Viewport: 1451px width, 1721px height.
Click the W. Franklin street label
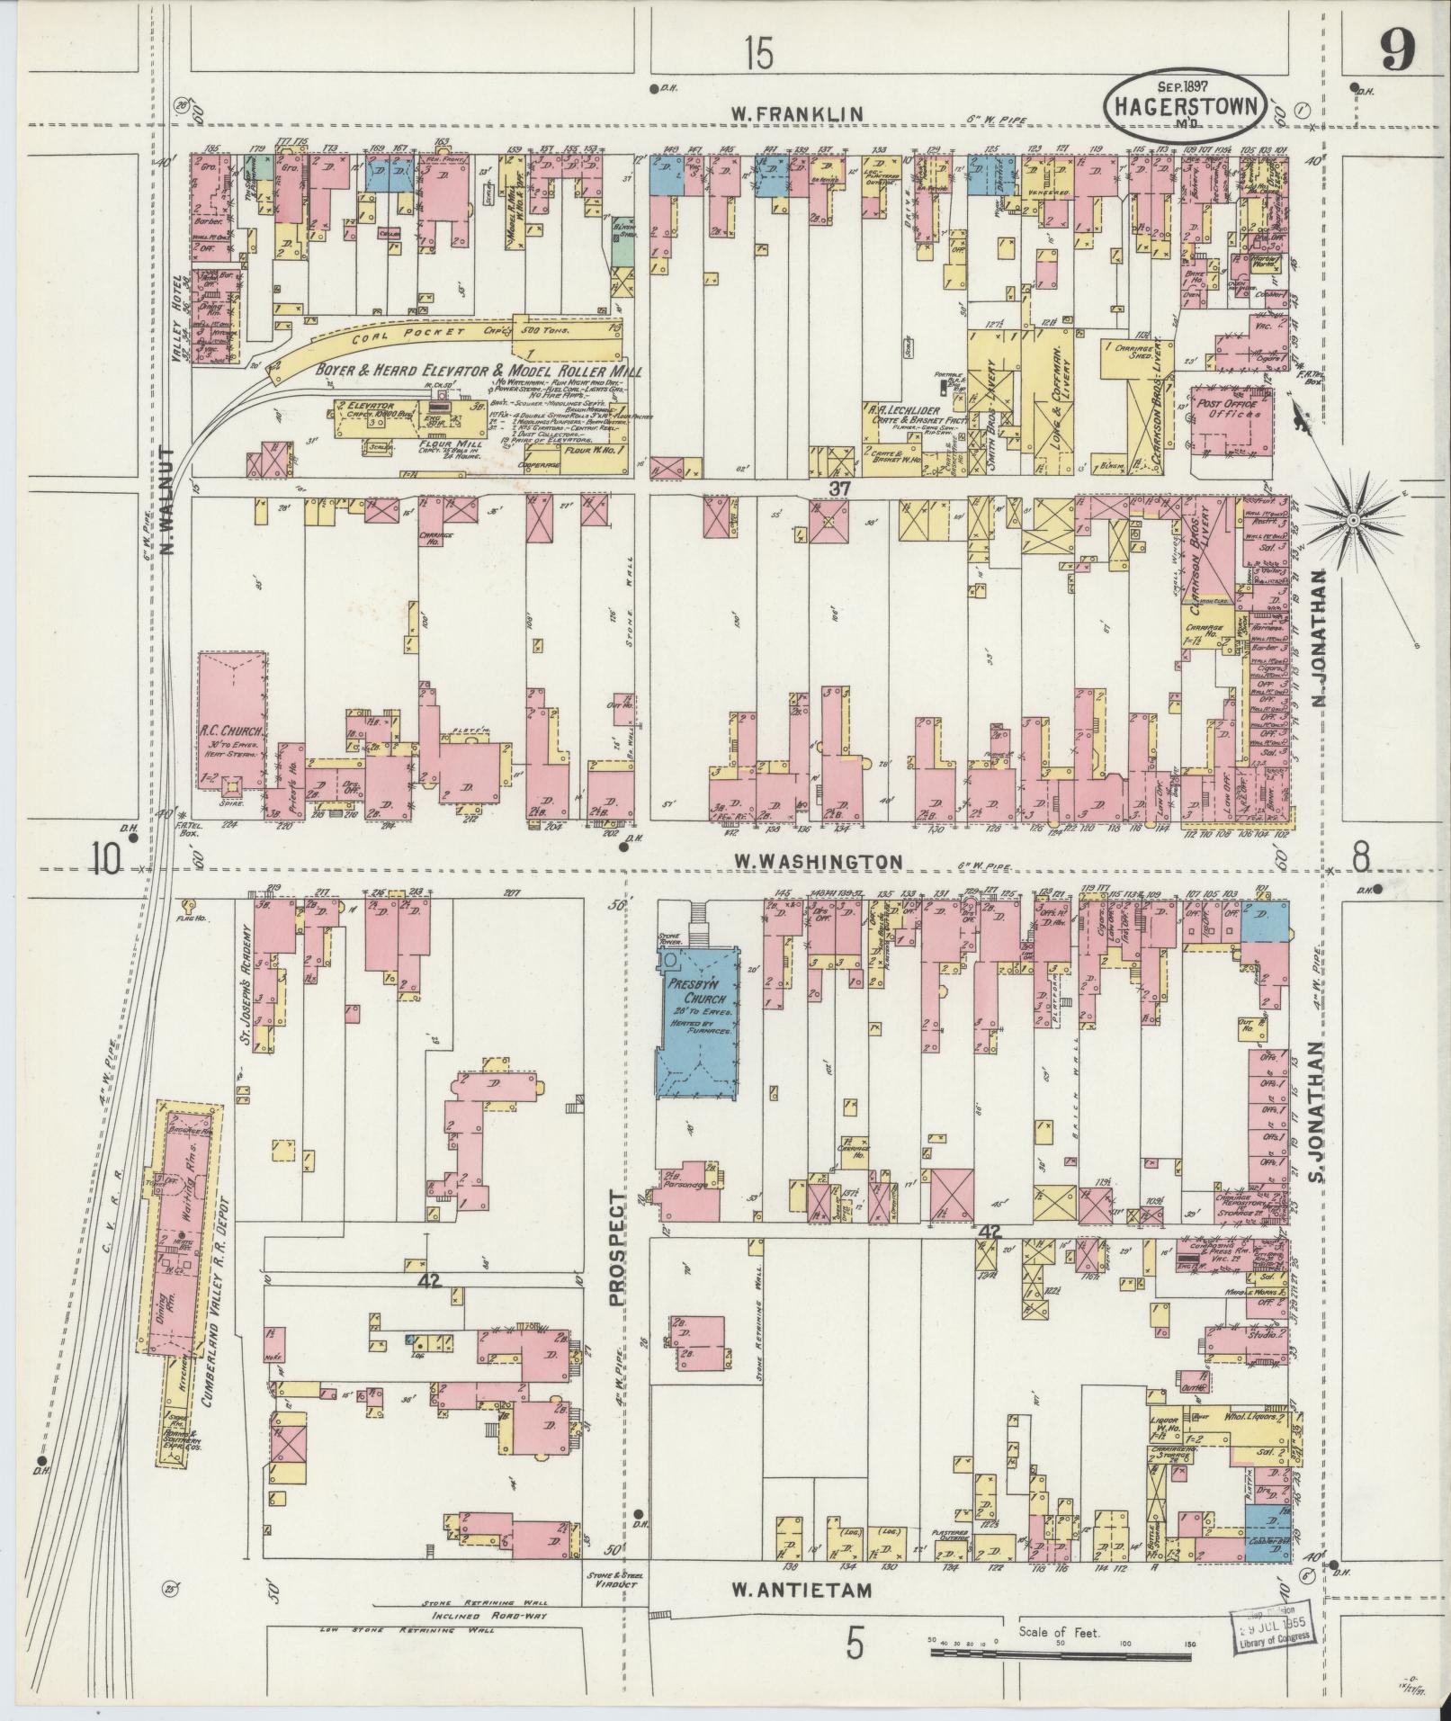pos(796,113)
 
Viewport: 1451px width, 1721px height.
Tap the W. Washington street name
pos(817,861)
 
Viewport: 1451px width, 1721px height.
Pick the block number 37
pos(840,487)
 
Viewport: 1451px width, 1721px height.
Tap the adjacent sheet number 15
pos(757,56)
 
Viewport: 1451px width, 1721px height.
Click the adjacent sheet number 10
pos(104,860)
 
